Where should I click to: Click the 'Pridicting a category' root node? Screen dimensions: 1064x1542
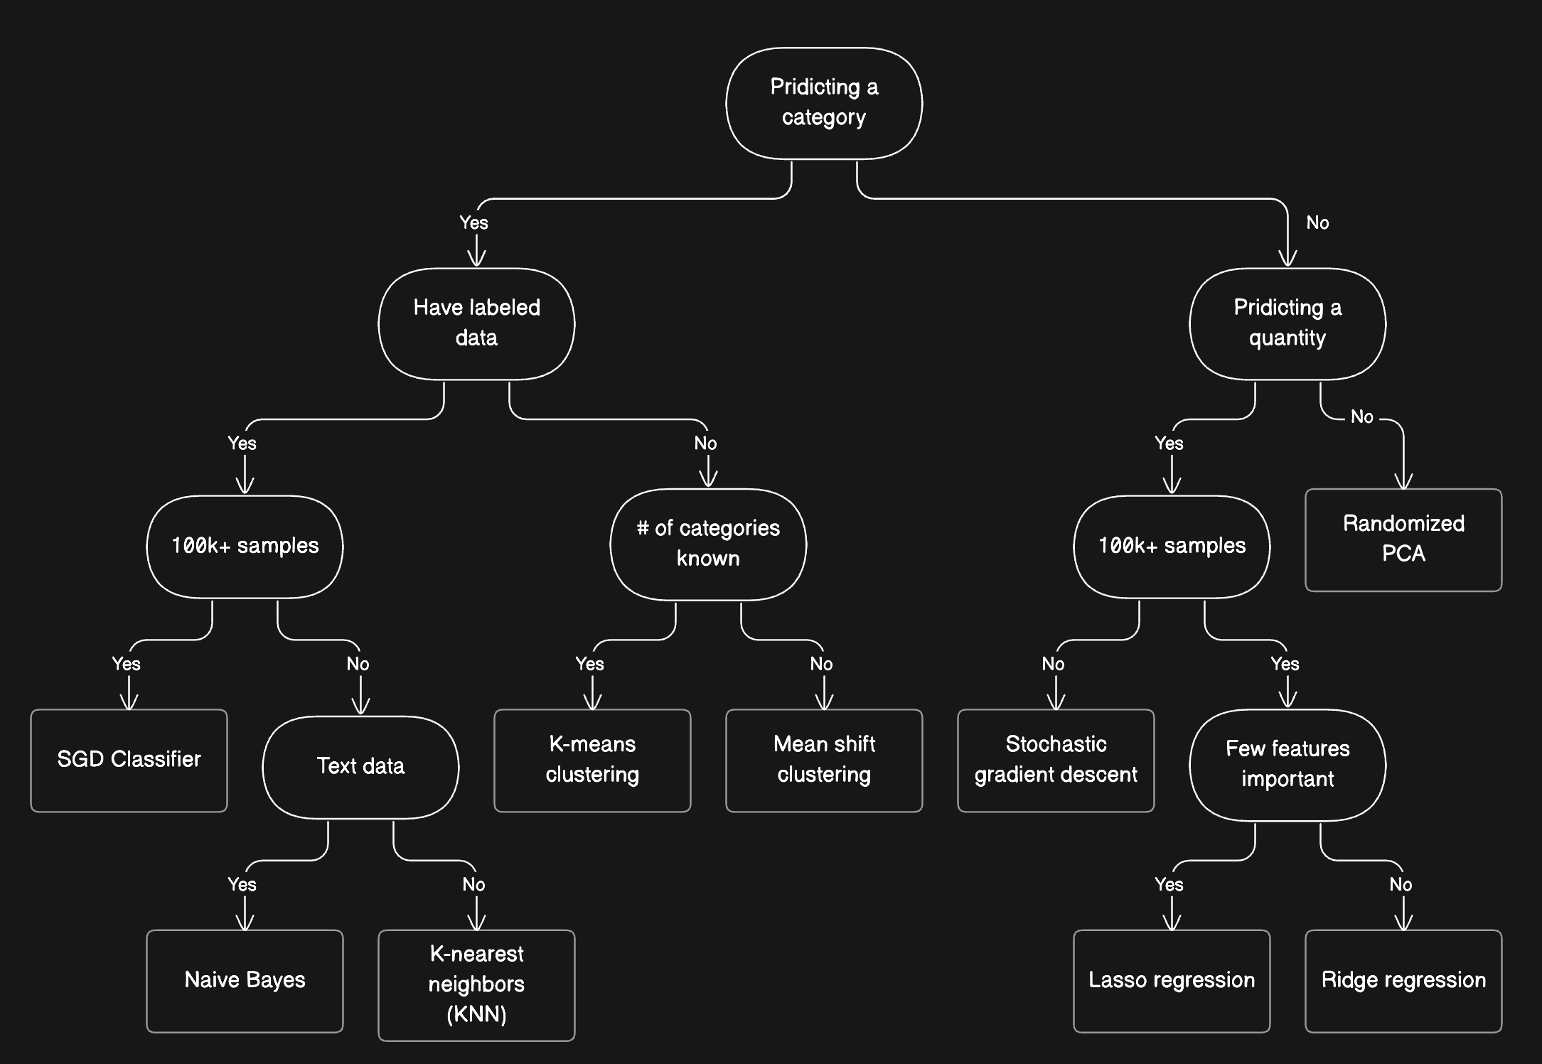(x=823, y=103)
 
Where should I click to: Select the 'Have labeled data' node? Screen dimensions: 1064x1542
(x=476, y=323)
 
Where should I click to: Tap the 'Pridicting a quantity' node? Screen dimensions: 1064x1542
(x=1287, y=323)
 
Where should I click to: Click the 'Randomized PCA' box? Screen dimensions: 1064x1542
(x=1403, y=539)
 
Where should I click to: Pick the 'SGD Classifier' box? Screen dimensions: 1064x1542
(x=129, y=760)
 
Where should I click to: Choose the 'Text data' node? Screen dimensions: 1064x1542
(x=360, y=767)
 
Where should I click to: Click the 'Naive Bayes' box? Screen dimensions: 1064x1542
(x=245, y=980)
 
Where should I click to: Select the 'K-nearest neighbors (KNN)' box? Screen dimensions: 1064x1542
(x=476, y=984)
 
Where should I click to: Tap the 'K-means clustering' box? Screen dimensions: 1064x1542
(x=592, y=760)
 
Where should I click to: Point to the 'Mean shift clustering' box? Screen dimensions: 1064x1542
(x=823, y=760)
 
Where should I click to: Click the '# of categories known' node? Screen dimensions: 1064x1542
(x=708, y=544)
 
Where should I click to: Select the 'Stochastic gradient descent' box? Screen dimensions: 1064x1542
(x=1056, y=760)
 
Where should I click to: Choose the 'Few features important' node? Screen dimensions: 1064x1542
(x=1287, y=764)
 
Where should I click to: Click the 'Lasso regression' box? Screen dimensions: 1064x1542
(x=1171, y=980)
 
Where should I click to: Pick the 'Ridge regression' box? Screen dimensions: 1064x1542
(x=1403, y=980)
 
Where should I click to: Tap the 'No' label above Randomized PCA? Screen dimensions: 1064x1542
(x=1361, y=417)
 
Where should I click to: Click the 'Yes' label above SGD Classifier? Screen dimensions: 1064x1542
(x=126, y=664)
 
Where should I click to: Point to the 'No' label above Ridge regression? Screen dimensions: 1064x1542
(x=1401, y=885)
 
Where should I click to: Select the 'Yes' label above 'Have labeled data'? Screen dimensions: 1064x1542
(x=473, y=223)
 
